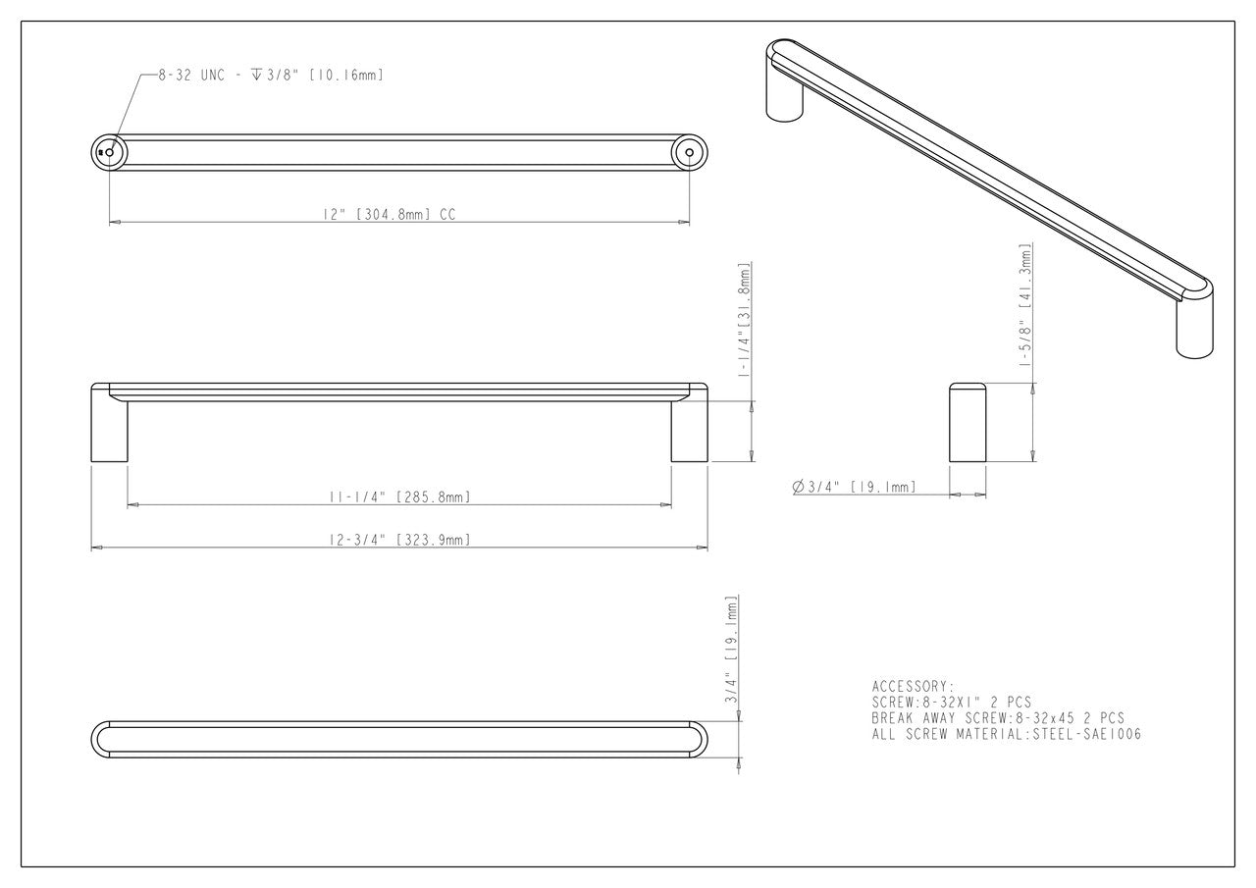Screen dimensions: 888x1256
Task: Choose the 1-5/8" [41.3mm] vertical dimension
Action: click(1026, 305)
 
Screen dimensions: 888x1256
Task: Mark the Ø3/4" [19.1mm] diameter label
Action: click(853, 487)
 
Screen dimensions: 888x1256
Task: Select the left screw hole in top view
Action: click(109, 153)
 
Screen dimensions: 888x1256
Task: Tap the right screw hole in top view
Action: click(689, 153)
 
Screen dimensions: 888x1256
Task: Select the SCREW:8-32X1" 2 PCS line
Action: click(951, 702)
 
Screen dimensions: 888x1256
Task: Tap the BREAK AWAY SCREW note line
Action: click(997, 718)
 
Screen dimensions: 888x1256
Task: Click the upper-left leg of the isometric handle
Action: click(785, 98)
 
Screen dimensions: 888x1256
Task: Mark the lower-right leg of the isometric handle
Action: click(1193, 329)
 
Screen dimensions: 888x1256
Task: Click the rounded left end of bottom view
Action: click(101, 740)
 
